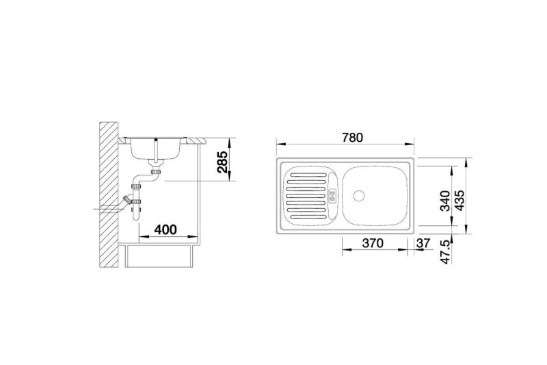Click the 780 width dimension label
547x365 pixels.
click(352, 138)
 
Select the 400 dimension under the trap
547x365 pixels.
click(165, 229)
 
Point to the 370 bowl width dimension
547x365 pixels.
click(373, 242)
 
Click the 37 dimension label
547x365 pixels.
click(423, 242)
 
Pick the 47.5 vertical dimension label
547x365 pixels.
click(446, 251)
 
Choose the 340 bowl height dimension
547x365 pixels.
click(446, 201)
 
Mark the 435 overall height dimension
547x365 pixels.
click(459, 200)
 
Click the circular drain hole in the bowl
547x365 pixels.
click(358, 196)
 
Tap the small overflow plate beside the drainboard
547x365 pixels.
click(332, 196)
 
